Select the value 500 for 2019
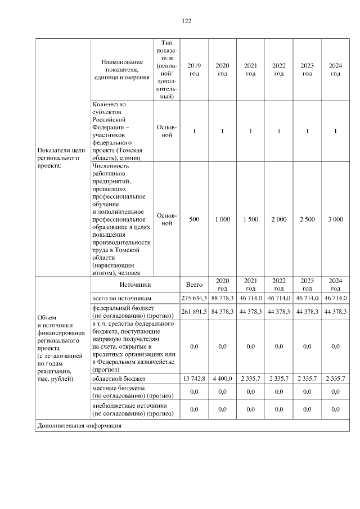pyautogui.click(x=194, y=219)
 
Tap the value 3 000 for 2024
pyautogui.click(x=335, y=219)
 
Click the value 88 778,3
pyautogui.click(x=222, y=298)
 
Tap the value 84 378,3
pyautogui.click(x=222, y=311)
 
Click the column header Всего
pyautogui.click(x=194, y=285)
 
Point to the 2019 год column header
pyautogui.click(x=194, y=70)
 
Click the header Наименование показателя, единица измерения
pyautogui.click(x=122, y=70)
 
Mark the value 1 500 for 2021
pyautogui.click(x=250, y=219)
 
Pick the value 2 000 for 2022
pyautogui.click(x=278, y=219)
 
